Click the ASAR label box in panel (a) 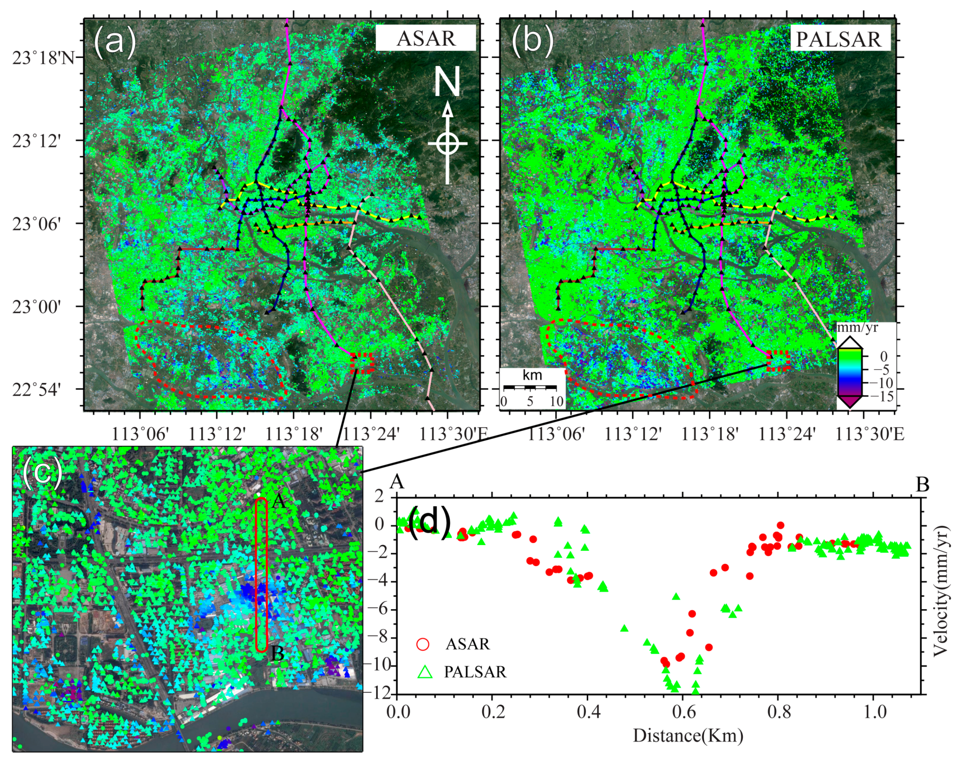[x=426, y=38]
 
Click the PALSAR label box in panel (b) [x=840, y=39]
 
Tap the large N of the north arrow [x=447, y=83]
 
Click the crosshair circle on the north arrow [x=447, y=143]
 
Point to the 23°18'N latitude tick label [x=43, y=58]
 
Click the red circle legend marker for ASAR [x=423, y=644]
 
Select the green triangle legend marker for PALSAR [x=425, y=672]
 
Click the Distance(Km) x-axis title [x=687, y=736]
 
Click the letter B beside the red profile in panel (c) [x=277, y=653]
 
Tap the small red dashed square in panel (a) [x=362, y=362]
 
